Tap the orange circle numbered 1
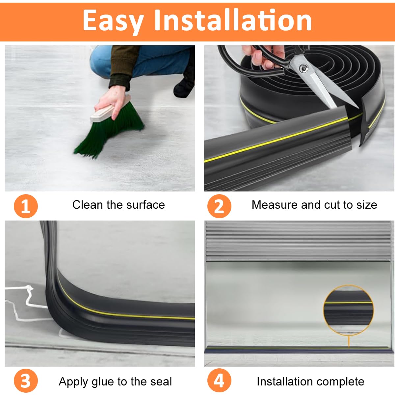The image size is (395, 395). pos(26,206)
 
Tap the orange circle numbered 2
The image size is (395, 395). pos(219,206)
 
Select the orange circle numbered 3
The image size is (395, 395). pos(26,381)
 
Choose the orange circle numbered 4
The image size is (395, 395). pos(219,381)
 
